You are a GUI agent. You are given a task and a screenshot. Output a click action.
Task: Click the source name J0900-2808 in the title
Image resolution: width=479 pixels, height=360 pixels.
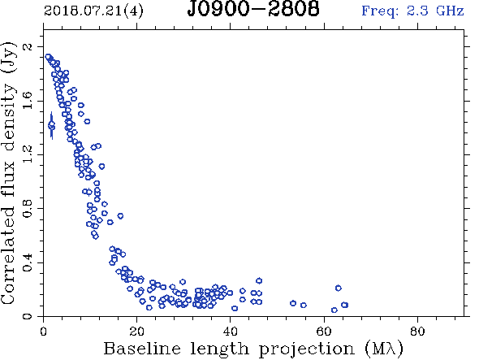253,9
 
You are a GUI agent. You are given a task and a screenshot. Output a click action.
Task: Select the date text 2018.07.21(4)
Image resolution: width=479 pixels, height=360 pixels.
93,11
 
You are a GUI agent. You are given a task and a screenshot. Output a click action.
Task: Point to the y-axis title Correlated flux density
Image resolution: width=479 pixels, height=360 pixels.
8,173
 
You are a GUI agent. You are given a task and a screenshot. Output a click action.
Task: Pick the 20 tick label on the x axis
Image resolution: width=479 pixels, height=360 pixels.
137,332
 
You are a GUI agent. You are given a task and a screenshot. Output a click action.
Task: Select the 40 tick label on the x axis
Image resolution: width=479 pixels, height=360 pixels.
231,332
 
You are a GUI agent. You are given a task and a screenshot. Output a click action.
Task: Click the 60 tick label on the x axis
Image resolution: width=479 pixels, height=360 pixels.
324,332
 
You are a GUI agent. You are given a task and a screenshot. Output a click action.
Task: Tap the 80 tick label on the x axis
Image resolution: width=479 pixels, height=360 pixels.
417,332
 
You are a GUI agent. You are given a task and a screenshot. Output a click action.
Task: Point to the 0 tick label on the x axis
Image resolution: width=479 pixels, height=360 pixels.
43,332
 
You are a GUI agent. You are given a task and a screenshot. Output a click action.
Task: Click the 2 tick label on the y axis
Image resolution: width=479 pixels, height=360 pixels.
28,47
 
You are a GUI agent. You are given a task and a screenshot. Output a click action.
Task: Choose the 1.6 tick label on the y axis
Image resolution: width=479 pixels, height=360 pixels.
28,101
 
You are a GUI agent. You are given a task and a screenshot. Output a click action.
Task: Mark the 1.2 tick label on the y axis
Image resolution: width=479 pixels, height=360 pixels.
28,154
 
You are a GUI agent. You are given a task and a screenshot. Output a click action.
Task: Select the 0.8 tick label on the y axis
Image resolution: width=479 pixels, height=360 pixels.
28,209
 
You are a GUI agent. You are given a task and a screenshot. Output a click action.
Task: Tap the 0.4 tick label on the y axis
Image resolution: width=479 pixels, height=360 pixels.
28,262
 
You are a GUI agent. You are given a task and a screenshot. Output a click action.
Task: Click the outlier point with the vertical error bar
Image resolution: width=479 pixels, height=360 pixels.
52,125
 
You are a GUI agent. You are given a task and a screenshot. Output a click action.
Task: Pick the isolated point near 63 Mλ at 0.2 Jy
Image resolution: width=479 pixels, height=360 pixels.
339,288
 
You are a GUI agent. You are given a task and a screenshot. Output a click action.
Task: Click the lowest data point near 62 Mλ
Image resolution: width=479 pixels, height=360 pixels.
334,310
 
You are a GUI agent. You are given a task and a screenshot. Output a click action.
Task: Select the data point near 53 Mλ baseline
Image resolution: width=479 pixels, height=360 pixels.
293,303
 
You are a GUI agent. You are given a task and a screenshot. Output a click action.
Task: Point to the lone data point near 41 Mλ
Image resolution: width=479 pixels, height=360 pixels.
235,308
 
